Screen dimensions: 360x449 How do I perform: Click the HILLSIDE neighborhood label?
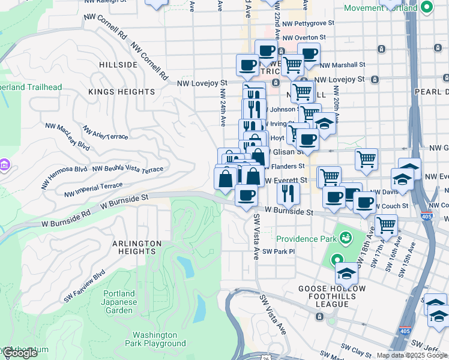118,65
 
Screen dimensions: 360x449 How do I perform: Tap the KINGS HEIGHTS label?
121,92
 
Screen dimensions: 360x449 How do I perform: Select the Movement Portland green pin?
427,8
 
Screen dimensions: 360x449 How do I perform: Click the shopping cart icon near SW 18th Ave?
386,225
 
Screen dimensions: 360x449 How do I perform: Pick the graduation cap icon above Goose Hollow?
346,274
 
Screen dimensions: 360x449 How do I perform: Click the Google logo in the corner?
20,353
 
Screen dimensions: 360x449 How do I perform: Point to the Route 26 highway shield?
266,356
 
